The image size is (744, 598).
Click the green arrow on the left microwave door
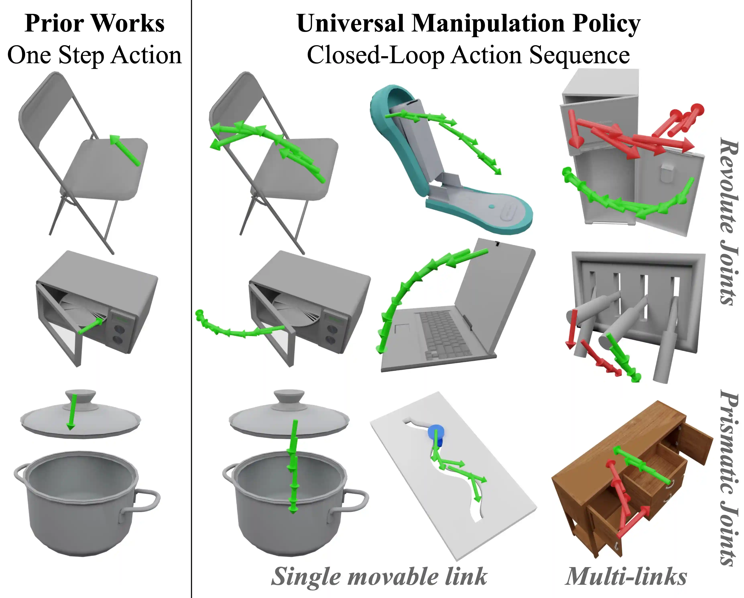[x=90, y=326]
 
